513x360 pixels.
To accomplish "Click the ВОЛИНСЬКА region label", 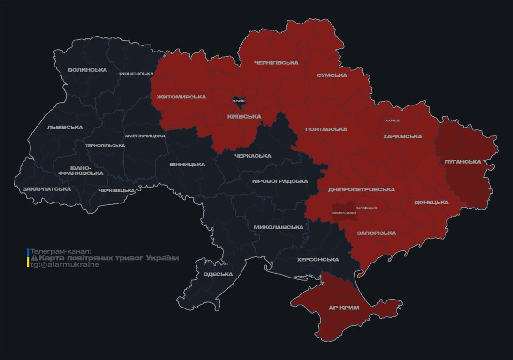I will click(87, 70).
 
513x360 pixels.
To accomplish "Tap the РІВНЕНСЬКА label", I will click(136, 74).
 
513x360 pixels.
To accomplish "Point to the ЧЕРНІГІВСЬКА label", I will click(276, 63).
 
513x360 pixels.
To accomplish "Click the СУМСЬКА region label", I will click(332, 75).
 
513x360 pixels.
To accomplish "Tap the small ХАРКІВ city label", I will click(392, 120).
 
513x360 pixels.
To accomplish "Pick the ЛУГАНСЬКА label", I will click(462, 162).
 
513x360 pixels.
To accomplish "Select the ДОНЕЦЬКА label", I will click(431, 202).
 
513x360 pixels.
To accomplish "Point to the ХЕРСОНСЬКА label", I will click(318, 260).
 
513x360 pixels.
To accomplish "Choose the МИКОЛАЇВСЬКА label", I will click(278, 227).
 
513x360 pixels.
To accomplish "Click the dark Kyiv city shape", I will click(239, 100).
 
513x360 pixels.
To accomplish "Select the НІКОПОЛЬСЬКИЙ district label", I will click(343, 213).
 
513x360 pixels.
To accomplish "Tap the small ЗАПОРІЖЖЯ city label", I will click(367, 208).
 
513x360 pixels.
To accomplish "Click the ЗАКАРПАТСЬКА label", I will click(46, 189).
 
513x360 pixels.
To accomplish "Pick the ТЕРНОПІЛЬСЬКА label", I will click(105, 145).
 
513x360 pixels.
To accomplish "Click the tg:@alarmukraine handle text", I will click(65, 265).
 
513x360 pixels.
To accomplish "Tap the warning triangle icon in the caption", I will click(34, 258).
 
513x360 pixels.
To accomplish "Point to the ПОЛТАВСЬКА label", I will click(326, 129).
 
